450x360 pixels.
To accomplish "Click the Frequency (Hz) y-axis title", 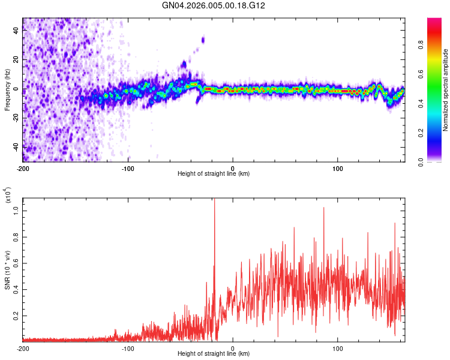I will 7,89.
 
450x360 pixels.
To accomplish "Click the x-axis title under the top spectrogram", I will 214,174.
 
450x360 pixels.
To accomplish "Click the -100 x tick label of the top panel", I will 128,167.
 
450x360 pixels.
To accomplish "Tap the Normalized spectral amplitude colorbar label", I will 445,90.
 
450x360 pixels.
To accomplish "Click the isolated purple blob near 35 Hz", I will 203,40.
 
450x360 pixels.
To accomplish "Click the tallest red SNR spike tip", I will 214,200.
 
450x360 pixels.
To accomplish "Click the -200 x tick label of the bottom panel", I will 23,348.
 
